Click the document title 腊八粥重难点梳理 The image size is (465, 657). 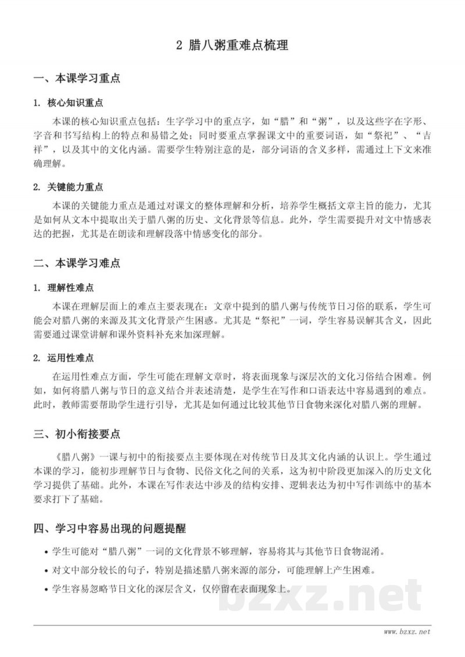point(239,45)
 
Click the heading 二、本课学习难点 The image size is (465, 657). point(77,263)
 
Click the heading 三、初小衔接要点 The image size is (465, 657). point(77,434)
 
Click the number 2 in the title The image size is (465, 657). point(179,45)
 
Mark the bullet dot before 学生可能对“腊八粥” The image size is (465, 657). point(46,552)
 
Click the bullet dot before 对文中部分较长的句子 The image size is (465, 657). point(46,570)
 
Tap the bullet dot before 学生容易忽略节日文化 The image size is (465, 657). point(46,589)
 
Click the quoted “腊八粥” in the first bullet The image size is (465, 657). point(126,551)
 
